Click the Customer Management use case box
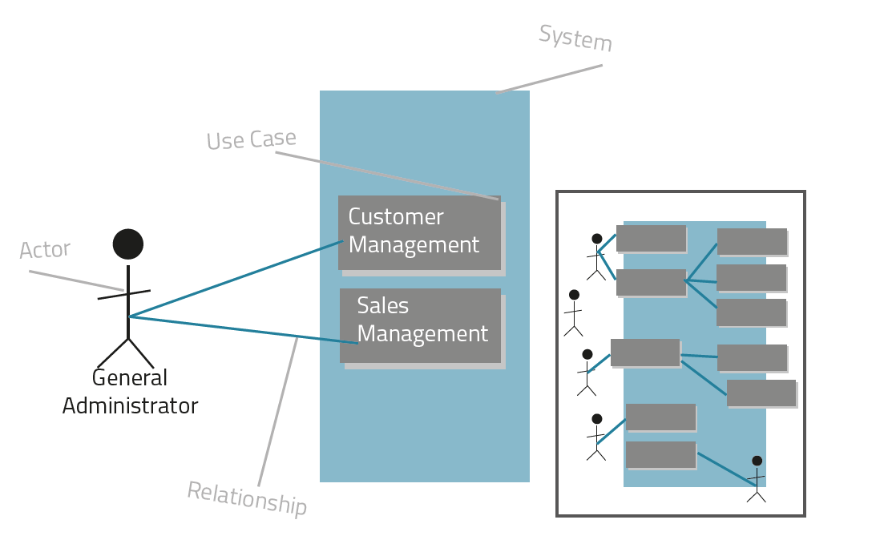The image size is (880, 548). pyautogui.click(x=419, y=232)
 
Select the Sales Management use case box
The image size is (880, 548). pyautogui.click(x=420, y=325)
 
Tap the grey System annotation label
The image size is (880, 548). pyautogui.click(x=575, y=38)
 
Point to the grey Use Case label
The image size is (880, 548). pyautogui.click(x=251, y=140)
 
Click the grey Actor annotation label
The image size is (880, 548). pyautogui.click(x=45, y=250)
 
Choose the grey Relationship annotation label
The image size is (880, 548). pyautogui.click(x=247, y=498)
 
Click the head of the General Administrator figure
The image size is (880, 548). pyautogui.click(x=128, y=244)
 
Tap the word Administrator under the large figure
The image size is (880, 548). pyautogui.click(x=130, y=406)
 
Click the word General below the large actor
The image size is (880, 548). pyautogui.click(x=130, y=378)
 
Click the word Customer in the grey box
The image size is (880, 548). pyautogui.click(x=396, y=217)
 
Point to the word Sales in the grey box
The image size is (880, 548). pyautogui.click(x=383, y=306)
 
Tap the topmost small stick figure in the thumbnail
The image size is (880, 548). pyautogui.click(x=596, y=256)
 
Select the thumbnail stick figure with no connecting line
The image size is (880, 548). pyautogui.click(x=574, y=312)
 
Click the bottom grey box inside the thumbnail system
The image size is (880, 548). pyautogui.click(x=660, y=454)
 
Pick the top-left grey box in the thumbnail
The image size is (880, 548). pyautogui.click(x=651, y=238)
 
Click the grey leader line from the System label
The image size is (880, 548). pyautogui.click(x=550, y=79)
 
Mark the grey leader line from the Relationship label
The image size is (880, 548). pyautogui.click(x=277, y=412)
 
